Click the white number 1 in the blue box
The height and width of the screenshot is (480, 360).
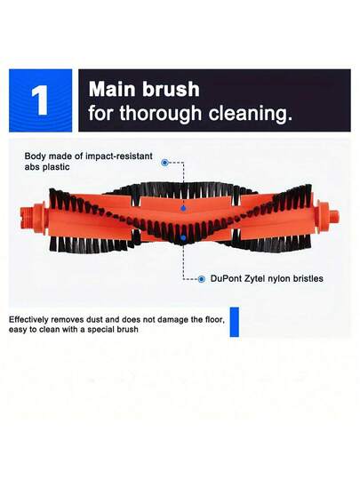tap(41, 100)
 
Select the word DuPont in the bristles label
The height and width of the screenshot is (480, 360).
tap(228, 278)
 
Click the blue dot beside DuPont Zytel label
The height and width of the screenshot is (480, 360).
tap(203, 278)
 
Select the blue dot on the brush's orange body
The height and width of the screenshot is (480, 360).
tap(183, 206)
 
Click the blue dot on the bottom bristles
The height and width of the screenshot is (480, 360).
tap(183, 237)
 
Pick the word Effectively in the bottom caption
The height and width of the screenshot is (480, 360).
tap(30, 318)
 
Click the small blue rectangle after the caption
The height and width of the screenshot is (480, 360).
tap(235, 324)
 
